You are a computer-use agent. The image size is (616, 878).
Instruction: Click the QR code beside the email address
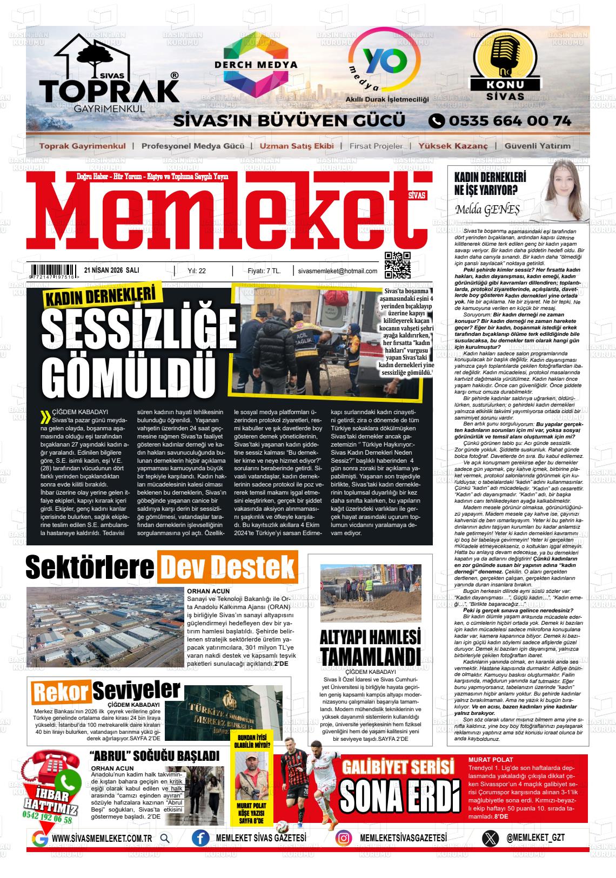pyautogui.click(x=397, y=265)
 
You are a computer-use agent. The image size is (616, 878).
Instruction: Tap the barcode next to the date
pyautogui.click(x=54, y=271)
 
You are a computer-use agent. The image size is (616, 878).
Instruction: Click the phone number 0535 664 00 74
pyautogui.click(x=499, y=120)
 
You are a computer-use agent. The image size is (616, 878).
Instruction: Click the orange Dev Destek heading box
pyautogui.click(x=227, y=567)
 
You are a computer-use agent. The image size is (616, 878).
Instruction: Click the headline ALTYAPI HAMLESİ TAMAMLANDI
pyautogui.click(x=370, y=647)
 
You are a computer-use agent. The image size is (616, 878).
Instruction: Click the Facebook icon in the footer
pyautogui.click(x=200, y=838)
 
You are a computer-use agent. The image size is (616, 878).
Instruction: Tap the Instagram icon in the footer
pyautogui.click(x=344, y=838)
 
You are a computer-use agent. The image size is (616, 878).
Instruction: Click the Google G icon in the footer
pyautogui.click(x=39, y=839)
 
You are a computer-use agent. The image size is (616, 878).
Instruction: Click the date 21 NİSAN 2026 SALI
pyautogui.click(x=112, y=271)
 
